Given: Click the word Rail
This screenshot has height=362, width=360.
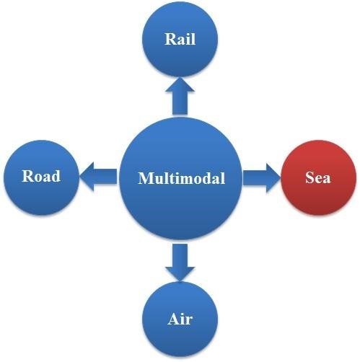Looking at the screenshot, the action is [x=180, y=39].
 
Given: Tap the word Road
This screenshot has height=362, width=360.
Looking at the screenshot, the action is [x=41, y=176].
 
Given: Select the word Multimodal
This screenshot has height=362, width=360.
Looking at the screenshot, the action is [x=182, y=178].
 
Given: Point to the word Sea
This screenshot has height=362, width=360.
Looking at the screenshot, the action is [x=318, y=177].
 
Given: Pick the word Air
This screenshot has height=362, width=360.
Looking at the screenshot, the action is [x=180, y=319].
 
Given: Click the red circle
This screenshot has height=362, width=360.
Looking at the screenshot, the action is [x=319, y=177].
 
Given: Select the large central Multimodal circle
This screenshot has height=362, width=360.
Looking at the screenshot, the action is [x=180, y=178].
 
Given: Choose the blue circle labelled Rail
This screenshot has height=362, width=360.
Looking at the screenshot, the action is [x=180, y=39].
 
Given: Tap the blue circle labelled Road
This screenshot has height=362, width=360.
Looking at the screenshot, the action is [x=41, y=177].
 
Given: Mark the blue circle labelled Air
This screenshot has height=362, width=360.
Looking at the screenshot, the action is [x=180, y=319].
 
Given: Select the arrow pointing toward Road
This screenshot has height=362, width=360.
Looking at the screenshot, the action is [x=98, y=177].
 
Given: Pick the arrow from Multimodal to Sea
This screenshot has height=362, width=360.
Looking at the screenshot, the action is [x=262, y=178].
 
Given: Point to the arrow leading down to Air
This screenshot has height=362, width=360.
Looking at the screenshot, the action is [x=180, y=262].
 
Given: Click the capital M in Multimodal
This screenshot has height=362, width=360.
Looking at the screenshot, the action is [x=146, y=178].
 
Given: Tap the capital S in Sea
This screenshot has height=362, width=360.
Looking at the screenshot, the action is [x=309, y=177].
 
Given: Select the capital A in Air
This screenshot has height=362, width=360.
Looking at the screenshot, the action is [x=173, y=319].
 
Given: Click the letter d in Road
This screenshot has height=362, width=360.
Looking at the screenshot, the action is [x=56, y=176].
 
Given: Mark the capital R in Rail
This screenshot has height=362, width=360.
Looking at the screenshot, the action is [x=170, y=39].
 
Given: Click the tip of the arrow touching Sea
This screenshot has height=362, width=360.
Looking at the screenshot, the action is [x=281, y=178].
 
